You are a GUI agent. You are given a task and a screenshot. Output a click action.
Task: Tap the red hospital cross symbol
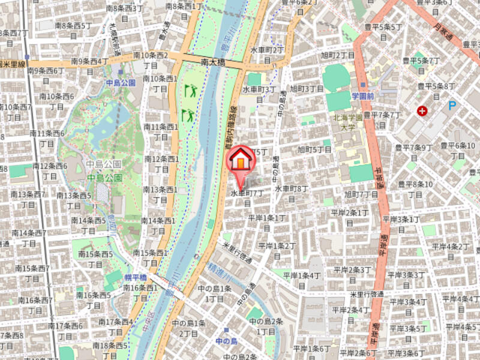tap(424, 111)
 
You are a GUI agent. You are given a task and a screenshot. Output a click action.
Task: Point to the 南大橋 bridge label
tap(212, 61)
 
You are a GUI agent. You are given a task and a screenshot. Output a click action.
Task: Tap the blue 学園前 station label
tap(362, 96)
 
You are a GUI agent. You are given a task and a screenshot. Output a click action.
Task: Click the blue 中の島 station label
tap(227, 341)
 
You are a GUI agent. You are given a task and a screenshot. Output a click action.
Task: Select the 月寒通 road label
tap(445, 35)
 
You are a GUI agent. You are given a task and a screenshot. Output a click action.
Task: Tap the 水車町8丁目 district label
tap(292, 188)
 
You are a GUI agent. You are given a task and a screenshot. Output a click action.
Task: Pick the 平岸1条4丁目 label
tap(302, 275)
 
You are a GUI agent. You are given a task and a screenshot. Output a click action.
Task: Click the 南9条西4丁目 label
tap(90, 61)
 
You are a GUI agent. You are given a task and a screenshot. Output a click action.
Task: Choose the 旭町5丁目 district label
tap(315, 149)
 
